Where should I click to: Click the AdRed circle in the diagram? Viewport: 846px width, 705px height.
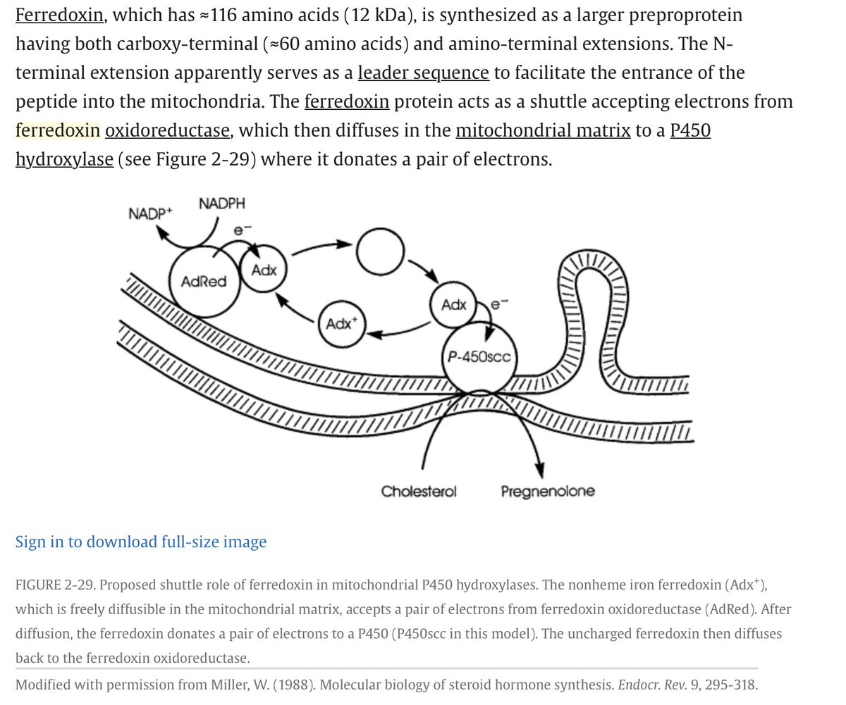[x=204, y=281]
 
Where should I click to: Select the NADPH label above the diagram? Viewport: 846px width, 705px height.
[x=223, y=204]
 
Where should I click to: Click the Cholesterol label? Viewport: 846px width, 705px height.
[x=419, y=491]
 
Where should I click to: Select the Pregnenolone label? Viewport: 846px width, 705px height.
[x=547, y=491]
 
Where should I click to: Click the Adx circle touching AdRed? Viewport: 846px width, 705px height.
[x=264, y=270]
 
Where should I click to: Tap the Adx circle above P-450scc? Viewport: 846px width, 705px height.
[x=454, y=305]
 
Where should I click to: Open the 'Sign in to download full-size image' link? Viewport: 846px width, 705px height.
[x=141, y=542]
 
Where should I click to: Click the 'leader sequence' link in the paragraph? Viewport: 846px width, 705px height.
[x=423, y=72]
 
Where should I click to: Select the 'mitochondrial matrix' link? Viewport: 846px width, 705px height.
[x=543, y=130]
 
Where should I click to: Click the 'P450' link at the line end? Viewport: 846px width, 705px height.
[x=690, y=130]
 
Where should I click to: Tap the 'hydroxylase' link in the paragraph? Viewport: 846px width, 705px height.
[x=64, y=159]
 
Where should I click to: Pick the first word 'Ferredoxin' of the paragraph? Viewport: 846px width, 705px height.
[x=60, y=14]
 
